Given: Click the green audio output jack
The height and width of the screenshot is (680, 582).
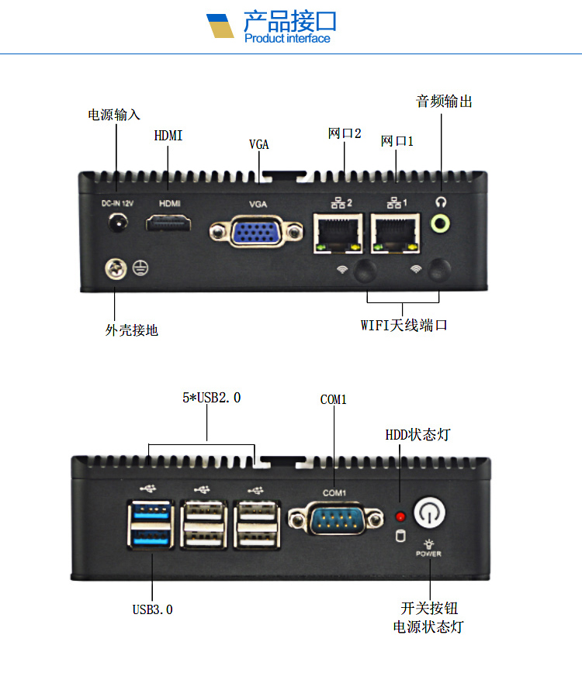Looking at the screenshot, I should coord(442,224).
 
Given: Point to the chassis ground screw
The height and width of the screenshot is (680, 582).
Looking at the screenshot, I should coord(115,270).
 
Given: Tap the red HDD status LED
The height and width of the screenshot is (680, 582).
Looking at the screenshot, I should coord(400,516).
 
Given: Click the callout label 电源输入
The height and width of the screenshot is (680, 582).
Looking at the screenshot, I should coord(114,115).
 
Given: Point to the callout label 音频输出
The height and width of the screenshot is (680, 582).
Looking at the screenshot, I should coord(444,102).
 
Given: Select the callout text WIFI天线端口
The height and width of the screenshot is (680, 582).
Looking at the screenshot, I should coord(404,325).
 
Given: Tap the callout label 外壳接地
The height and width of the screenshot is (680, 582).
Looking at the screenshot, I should coord(131,330).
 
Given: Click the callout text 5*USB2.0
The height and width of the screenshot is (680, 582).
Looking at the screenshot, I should coord(211,398).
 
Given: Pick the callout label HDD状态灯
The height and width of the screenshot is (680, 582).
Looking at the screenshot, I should coord(417,434).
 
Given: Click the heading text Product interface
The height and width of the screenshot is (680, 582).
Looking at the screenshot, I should coord(287,39).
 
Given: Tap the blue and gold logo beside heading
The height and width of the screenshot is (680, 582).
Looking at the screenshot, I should coord(220,26).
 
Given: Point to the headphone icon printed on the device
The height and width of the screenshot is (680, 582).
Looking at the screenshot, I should coord(442,202).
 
